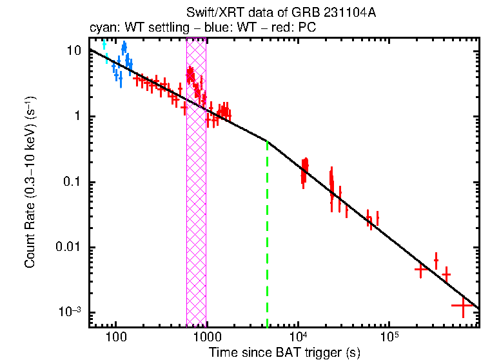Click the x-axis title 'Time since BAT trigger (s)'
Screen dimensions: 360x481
tap(284, 352)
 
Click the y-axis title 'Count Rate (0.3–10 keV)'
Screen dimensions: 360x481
tap(30, 187)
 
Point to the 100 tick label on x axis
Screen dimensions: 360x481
tap(116, 336)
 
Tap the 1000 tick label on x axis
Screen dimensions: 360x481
tap(207, 336)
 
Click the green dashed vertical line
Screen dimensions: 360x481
tap(267, 239)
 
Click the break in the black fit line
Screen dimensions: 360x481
tap(267, 140)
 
